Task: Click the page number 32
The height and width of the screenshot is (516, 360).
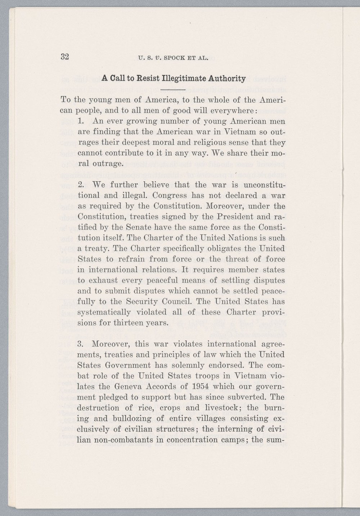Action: [x=65, y=57]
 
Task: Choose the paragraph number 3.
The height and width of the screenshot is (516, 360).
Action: [x=81, y=344]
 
